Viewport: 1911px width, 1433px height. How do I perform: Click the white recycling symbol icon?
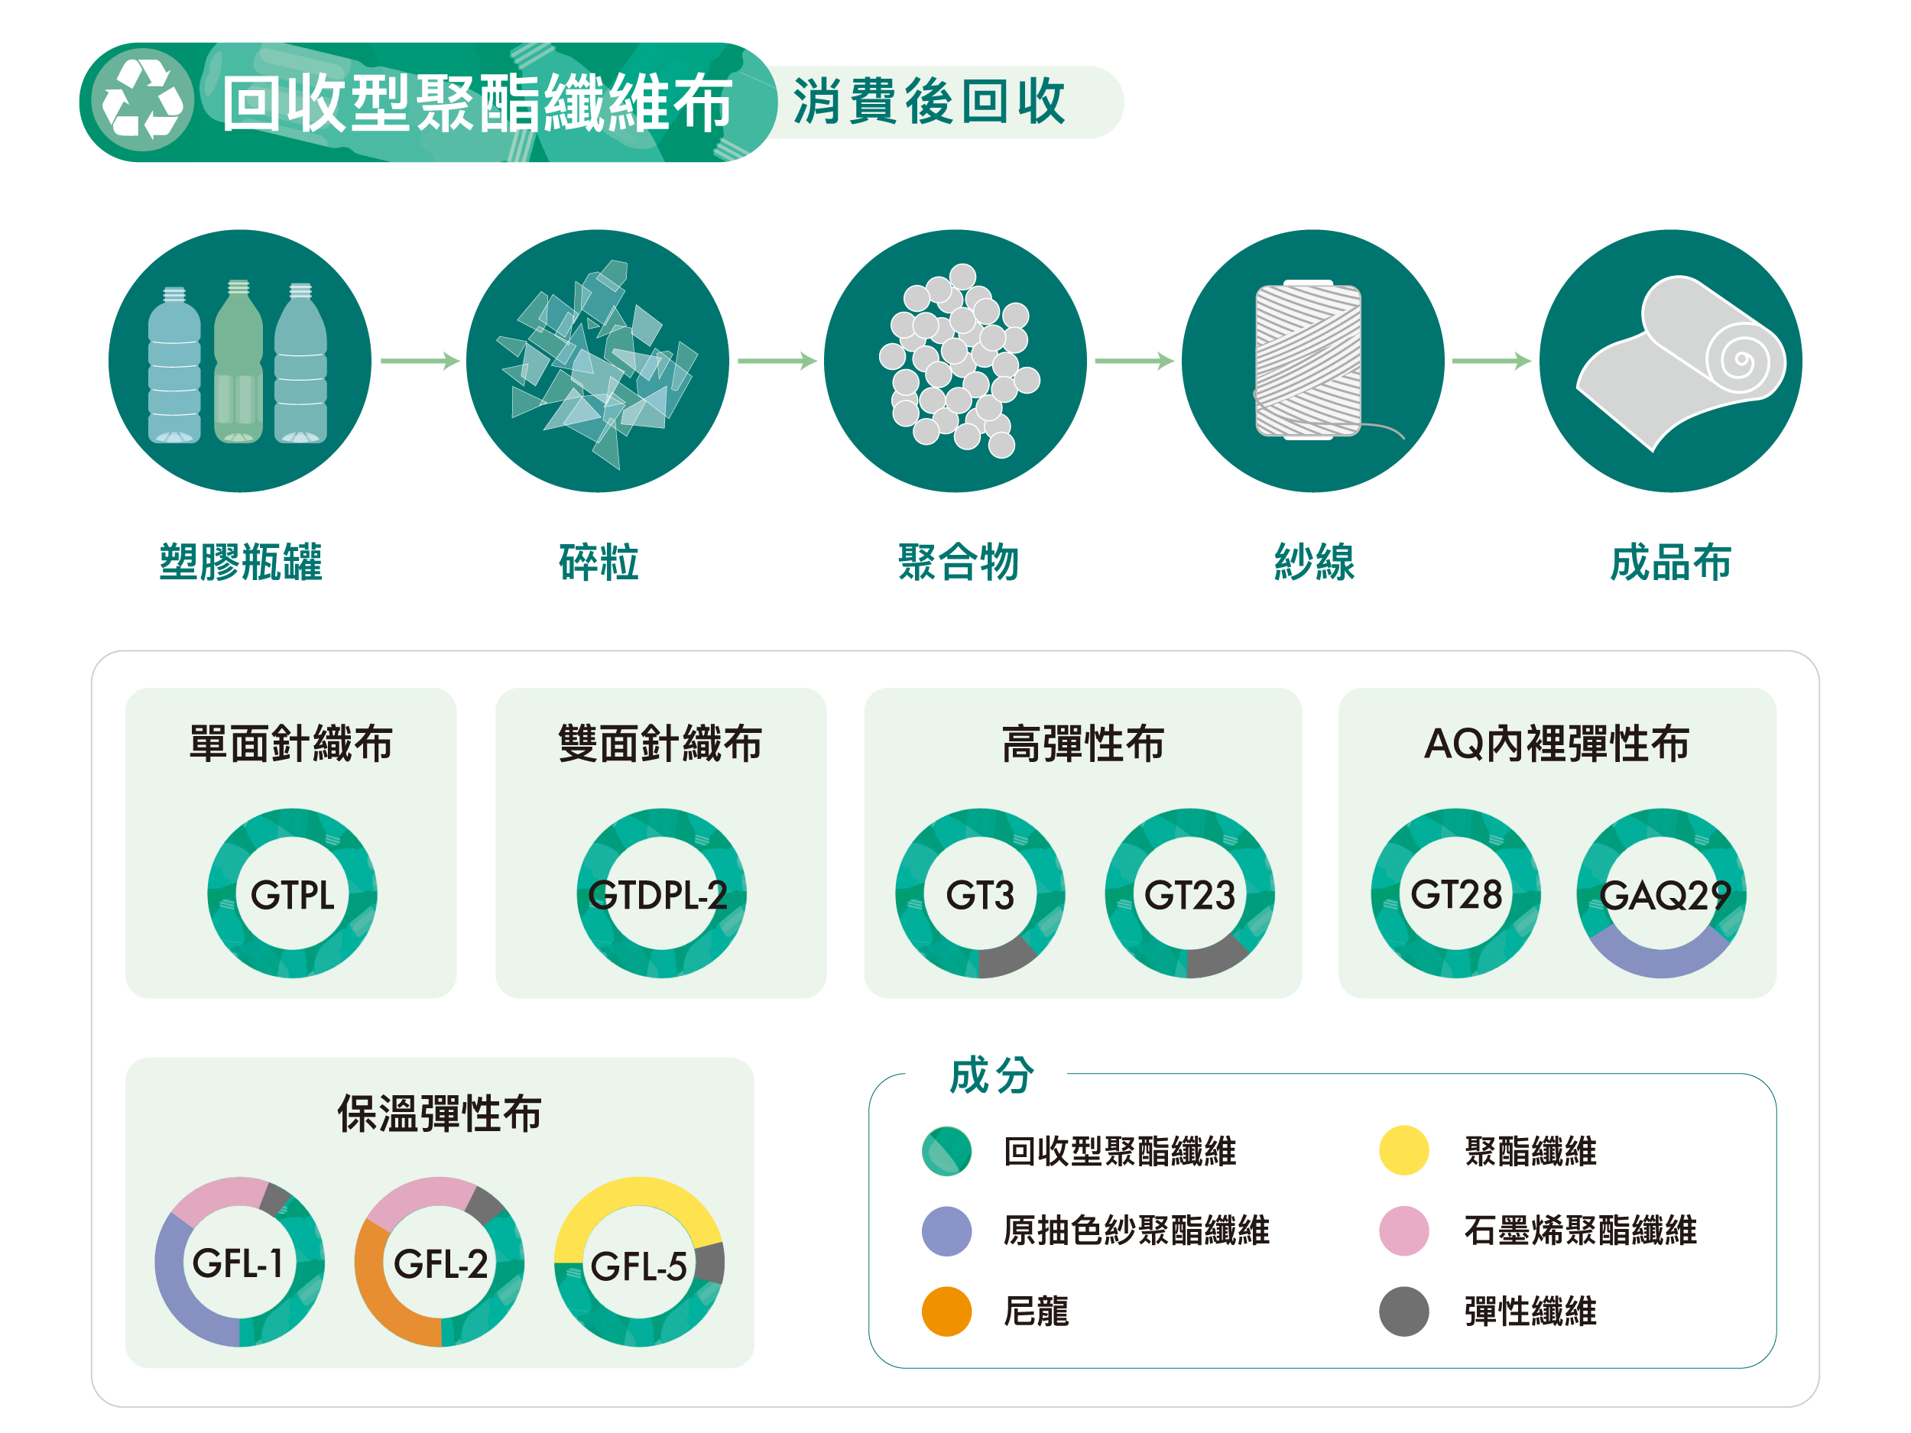coord(142,101)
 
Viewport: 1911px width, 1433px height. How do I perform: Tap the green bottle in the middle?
coord(238,363)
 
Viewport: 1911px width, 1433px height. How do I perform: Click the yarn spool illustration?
coord(1308,360)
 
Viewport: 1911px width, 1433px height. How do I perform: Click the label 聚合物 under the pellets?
coord(958,563)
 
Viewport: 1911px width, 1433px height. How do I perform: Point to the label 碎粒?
coord(599,563)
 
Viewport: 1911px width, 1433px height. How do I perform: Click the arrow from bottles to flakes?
coord(420,360)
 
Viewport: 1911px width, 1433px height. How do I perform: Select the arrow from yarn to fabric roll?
coord(1491,360)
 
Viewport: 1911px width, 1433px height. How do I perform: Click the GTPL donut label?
coord(292,895)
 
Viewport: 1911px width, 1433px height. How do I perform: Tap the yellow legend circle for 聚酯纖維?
coord(1404,1150)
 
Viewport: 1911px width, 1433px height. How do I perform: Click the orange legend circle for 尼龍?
coord(947,1311)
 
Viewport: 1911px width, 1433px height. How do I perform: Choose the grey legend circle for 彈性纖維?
coord(1404,1311)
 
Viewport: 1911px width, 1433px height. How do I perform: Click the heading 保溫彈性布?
coord(439,1114)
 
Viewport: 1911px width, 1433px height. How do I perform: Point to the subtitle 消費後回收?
coord(930,101)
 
